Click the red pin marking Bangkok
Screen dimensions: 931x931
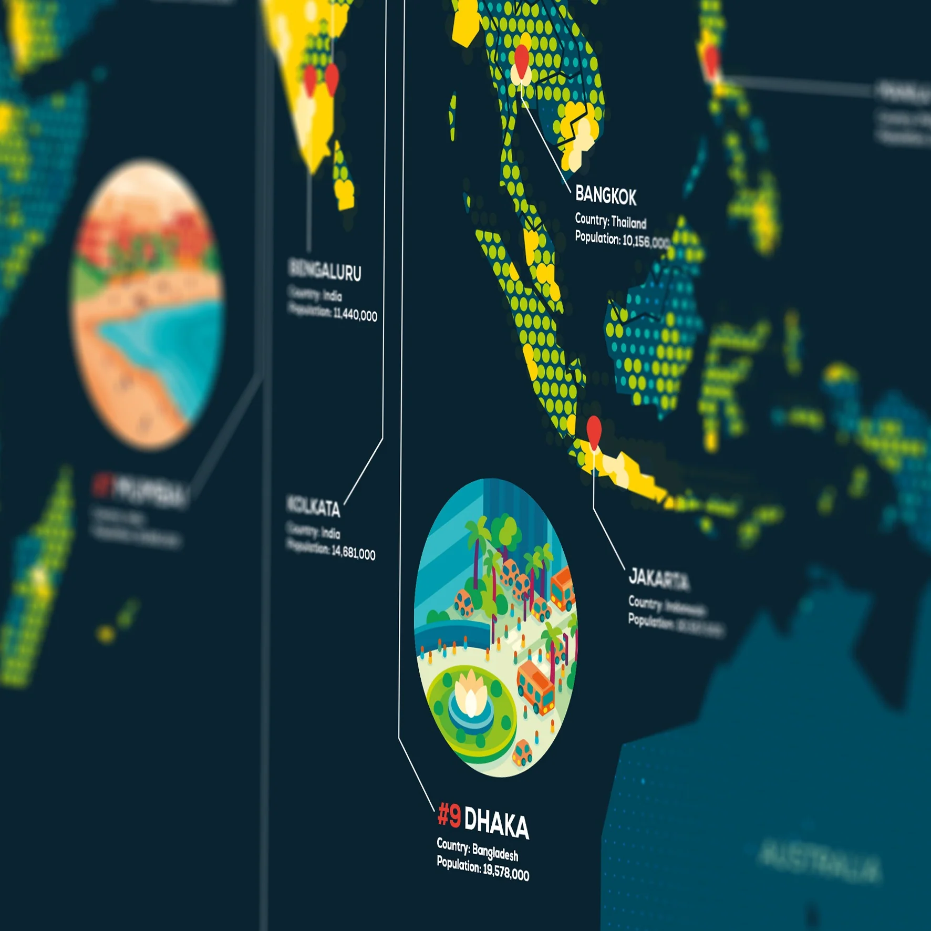(x=521, y=59)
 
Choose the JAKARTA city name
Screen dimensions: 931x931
(x=659, y=579)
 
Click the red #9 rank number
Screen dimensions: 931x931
(x=449, y=815)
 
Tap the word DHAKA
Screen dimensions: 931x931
(x=496, y=824)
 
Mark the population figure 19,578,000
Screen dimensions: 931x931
(x=505, y=872)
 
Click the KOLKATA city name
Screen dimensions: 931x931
(x=313, y=506)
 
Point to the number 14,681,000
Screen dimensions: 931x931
(x=353, y=553)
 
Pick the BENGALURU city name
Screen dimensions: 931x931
(x=325, y=270)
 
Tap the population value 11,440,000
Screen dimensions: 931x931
(x=355, y=315)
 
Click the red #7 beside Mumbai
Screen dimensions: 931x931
(x=102, y=484)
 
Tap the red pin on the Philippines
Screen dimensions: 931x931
(x=711, y=59)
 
